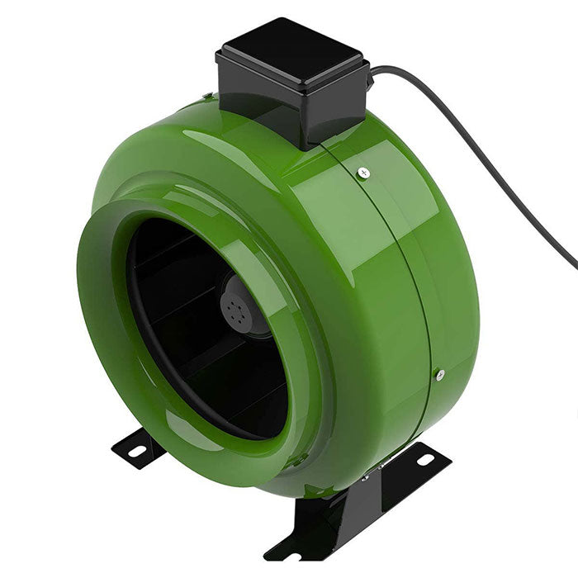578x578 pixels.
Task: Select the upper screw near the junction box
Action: pyautogui.click(x=363, y=173)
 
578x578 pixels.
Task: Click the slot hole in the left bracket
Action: pyautogui.click(x=135, y=450)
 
